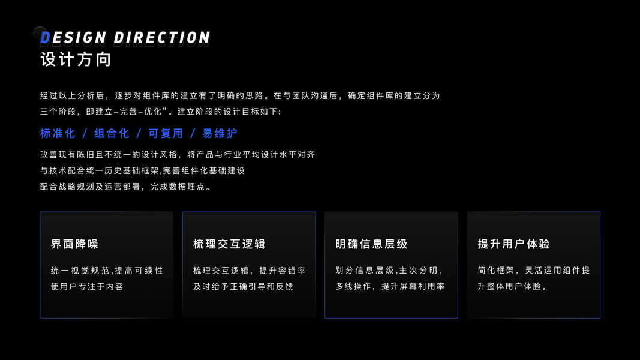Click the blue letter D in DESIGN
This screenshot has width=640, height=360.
click(x=46, y=38)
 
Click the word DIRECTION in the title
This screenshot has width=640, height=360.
click(x=162, y=38)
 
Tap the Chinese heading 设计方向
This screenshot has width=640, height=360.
click(x=76, y=60)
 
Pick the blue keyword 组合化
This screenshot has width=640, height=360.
click(x=112, y=133)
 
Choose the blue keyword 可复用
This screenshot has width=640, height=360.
click(x=166, y=133)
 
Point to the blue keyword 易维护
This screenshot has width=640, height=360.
click(x=220, y=133)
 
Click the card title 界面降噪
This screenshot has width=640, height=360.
click(x=74, y=244)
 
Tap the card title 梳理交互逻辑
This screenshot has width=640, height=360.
click(x=229, y=244)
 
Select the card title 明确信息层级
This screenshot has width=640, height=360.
click(x=371, y=244)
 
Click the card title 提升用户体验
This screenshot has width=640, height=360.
click(x=514, y=244)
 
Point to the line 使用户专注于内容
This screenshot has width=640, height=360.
click(x=87, y=287)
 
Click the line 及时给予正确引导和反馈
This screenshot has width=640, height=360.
click(x=243, y=287)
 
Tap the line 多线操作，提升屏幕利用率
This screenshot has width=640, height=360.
click(x=390, y=287)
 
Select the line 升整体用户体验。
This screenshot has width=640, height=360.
click(x=512, y=287)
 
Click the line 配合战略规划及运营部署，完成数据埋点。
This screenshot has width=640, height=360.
click(x=126, y=187)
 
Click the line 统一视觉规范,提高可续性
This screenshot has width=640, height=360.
click(x=107, y=271)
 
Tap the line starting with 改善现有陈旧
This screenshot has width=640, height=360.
click(x=178, y=155)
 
